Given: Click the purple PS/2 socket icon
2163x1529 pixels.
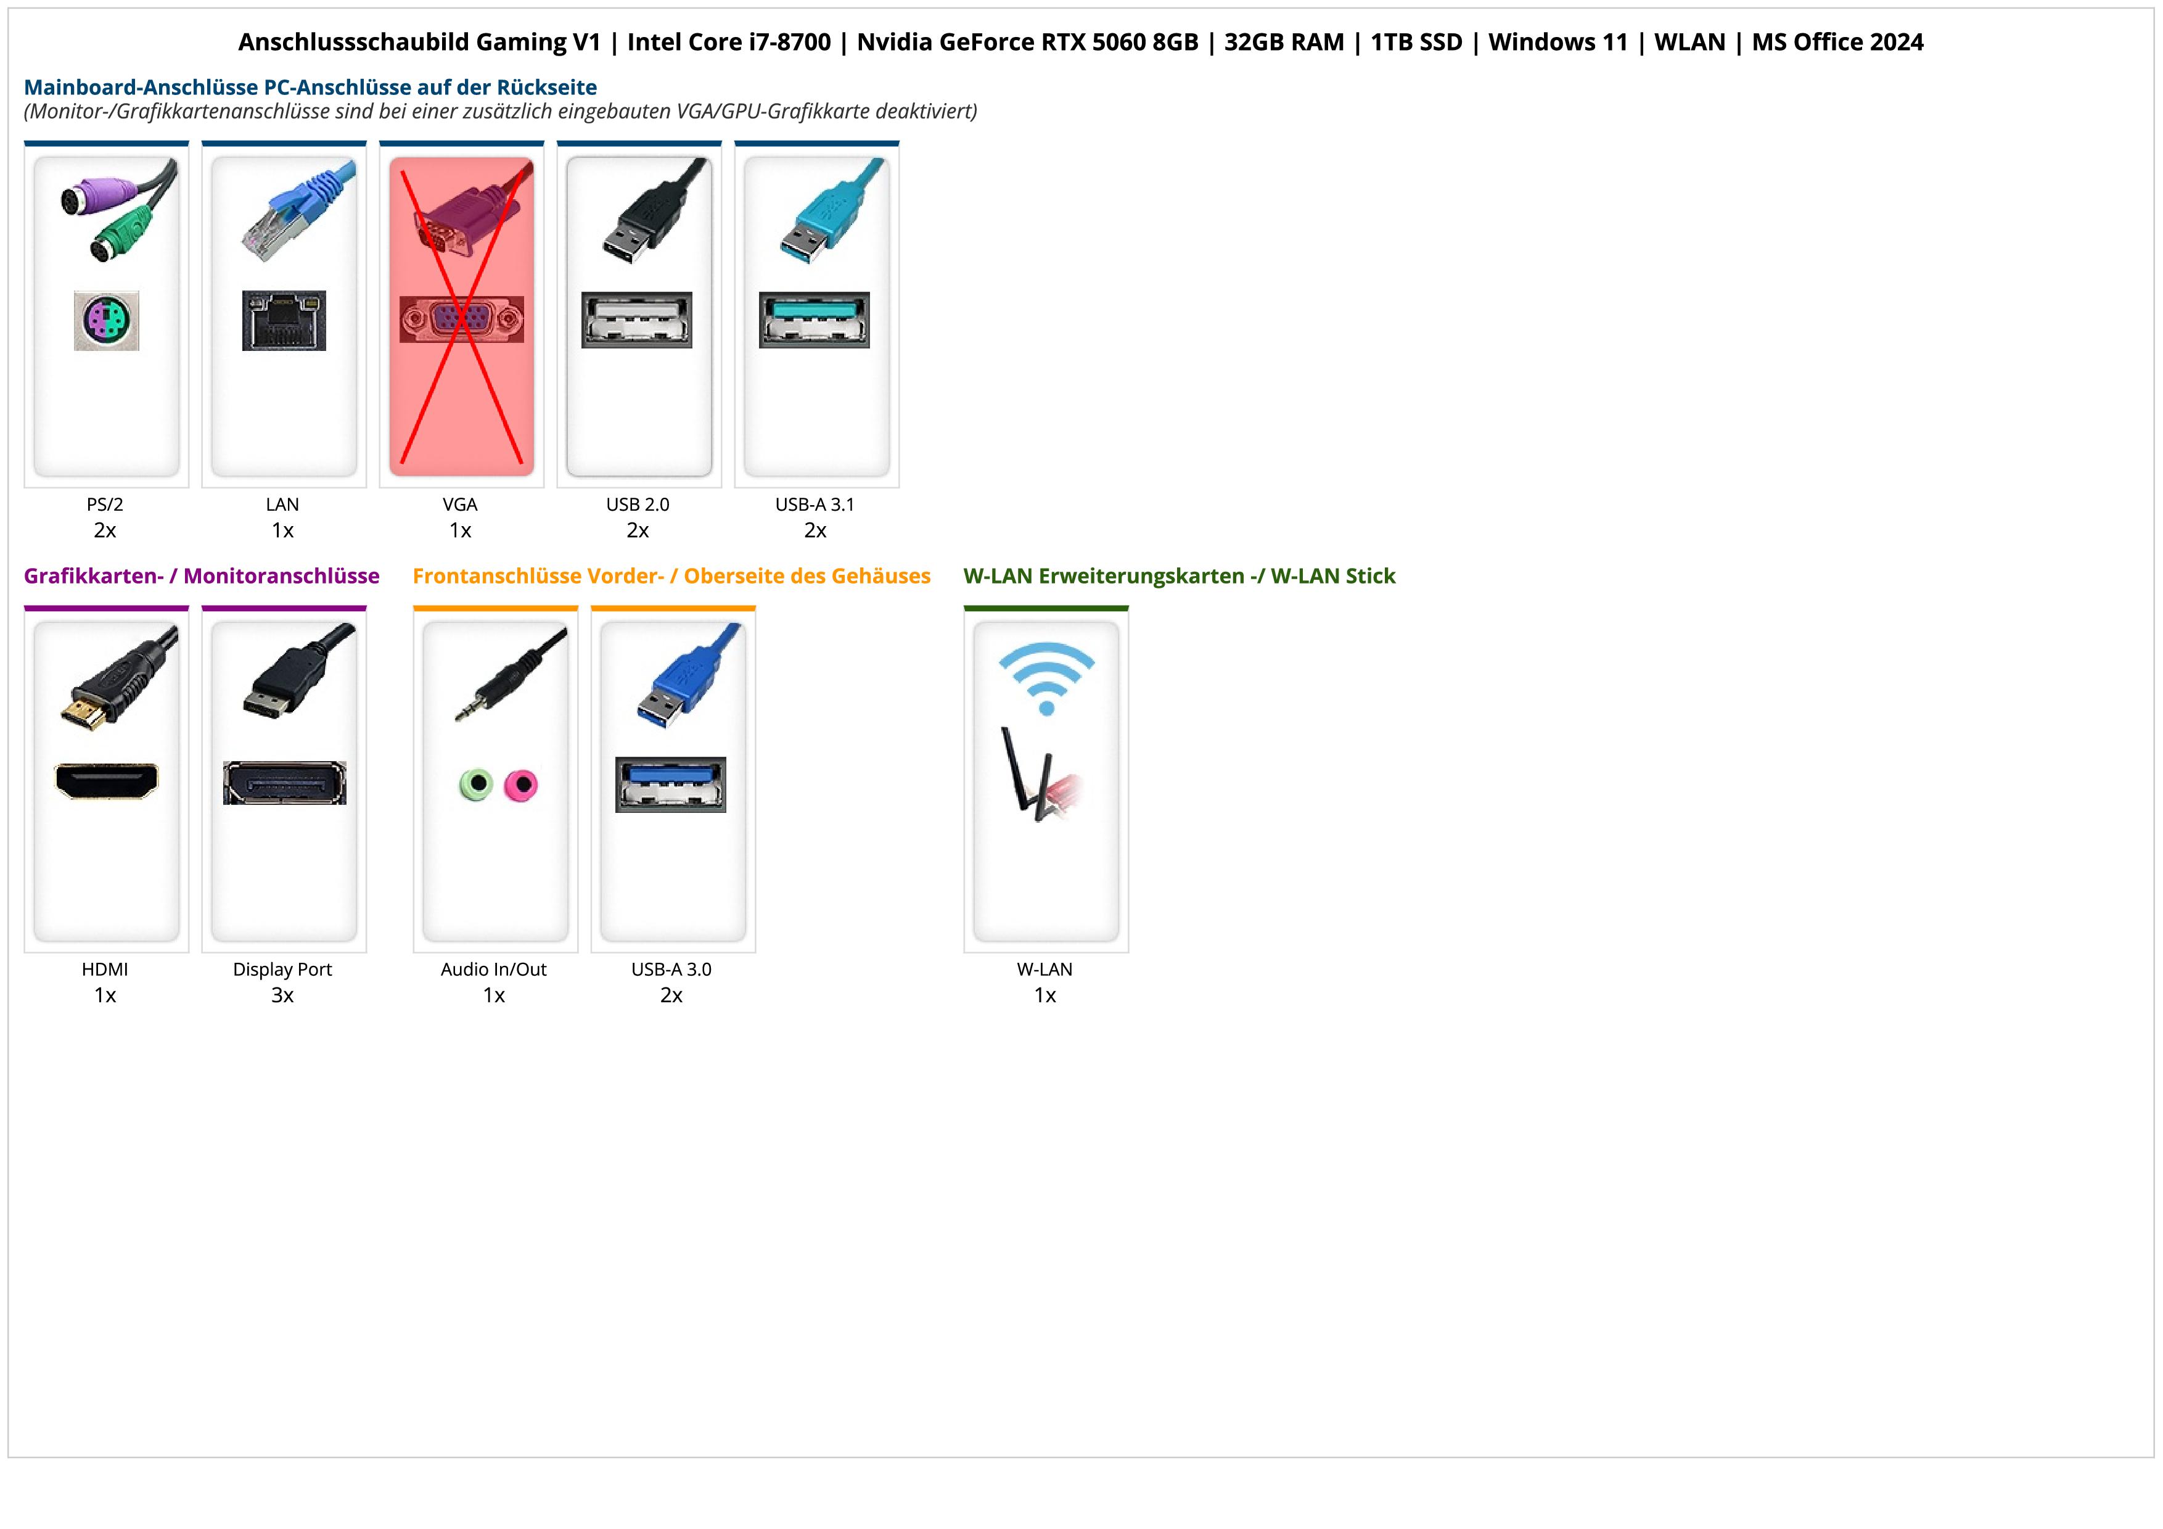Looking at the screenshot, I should [107, 321].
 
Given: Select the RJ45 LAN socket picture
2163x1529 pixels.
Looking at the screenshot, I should [284, 320].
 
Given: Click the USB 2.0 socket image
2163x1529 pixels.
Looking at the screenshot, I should [637, 320].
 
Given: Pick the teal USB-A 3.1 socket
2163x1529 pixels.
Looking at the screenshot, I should [814, 320].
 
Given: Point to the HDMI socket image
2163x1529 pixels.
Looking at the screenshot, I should [107, 781].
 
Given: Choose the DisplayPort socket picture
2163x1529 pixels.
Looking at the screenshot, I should [284, 783].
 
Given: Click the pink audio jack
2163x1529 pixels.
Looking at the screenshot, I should [520, 785].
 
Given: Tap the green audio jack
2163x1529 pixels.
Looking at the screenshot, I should [476, 784].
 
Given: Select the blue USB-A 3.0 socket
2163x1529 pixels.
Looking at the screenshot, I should [671, 784].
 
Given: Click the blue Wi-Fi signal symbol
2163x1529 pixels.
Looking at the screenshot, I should [1046, 677].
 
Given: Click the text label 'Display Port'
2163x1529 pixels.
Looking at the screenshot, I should [282, 970].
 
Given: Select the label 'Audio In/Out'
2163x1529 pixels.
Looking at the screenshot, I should [494, 970].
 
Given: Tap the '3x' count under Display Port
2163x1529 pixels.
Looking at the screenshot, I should [282, 995].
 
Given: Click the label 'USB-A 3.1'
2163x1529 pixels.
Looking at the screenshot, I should [815, 505].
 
